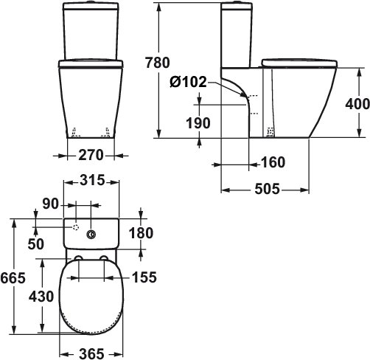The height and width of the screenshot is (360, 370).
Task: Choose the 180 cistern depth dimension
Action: (x=140, y=234)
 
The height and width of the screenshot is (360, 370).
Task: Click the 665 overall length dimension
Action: (x=14, y=277)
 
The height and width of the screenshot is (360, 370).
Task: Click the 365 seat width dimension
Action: (x=92, y=353)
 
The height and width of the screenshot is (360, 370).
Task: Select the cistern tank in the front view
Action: (x=93, y=30)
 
